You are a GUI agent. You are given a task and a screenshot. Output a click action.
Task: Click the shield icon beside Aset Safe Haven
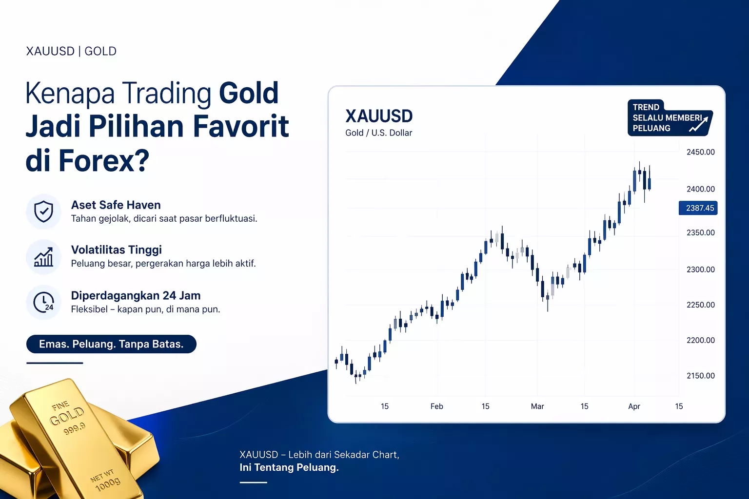[x=43, y=211]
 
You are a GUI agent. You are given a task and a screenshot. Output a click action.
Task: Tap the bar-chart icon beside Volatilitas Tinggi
[x=43, y=257]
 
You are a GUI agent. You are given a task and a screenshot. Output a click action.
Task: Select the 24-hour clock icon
[x=43, y=303]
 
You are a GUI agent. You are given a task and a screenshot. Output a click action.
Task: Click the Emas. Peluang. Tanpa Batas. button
[x=111, y=344]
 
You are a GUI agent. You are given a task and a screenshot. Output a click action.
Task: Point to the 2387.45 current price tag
[x=698, y=208]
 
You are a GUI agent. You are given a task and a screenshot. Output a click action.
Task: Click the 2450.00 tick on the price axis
[x=700, y=152]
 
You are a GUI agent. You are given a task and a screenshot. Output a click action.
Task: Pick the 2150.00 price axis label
[x=700, y=376]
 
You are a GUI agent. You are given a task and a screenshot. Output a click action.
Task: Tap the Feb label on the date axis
[x=436, y=406]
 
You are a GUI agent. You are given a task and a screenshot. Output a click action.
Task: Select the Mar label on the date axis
[x=537, y=406]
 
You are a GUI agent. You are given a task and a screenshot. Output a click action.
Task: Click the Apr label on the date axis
[x=634, y=406]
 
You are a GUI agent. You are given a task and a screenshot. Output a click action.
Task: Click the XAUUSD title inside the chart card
[x=379, y=116]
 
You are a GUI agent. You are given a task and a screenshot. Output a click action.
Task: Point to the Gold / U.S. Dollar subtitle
[x=378, y=133]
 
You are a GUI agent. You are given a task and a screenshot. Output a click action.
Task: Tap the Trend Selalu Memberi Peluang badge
[x=669, y=118]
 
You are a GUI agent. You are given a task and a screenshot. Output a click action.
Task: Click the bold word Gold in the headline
[x=249, y=94]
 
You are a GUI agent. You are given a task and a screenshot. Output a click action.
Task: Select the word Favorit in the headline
[x=241, y=127]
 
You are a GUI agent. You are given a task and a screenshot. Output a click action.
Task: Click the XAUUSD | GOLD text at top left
[x=71, y=51]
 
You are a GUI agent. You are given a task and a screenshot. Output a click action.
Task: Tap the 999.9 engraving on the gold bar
[x=74, y=429]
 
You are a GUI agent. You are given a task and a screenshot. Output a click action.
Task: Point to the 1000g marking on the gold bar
[x=108, y=484]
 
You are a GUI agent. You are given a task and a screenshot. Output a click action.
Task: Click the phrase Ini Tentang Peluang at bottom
[x=289, y=468]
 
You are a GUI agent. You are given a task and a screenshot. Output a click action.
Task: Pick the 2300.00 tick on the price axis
[x=700, y=269]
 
